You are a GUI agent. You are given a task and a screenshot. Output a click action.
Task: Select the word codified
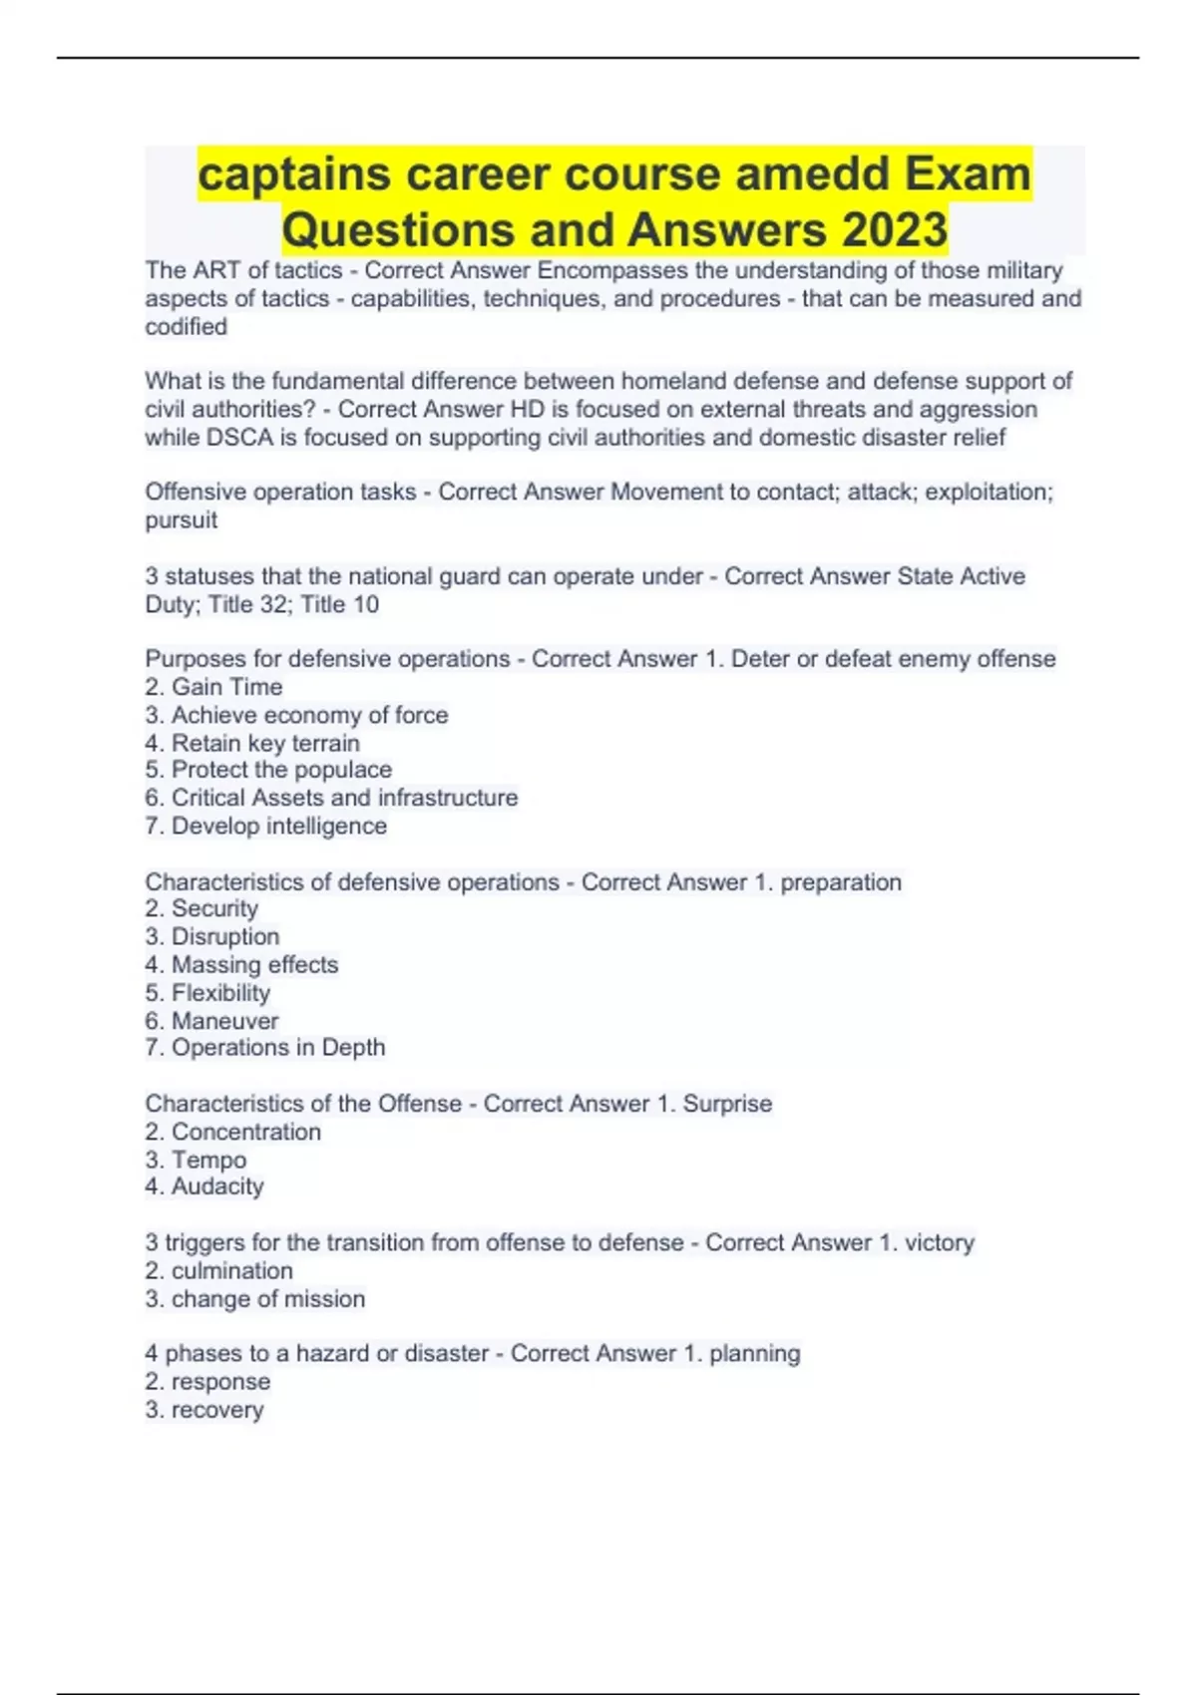(187, 327)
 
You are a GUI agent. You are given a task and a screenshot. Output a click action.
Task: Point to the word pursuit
(182, 520)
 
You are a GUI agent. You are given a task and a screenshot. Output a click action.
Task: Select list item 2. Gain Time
(213, 687)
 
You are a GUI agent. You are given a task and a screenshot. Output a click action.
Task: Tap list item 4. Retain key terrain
(252, 743)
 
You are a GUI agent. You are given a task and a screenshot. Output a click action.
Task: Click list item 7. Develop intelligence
(265, 826)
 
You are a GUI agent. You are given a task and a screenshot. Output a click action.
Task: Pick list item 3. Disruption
(212, 937)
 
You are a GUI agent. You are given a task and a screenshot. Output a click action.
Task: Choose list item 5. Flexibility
(207, 993)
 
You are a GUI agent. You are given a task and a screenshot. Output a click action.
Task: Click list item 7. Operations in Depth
(265, 1048)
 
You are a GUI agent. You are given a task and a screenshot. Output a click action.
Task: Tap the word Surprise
(727, 1104)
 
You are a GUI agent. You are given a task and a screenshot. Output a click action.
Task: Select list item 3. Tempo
(196, 1160)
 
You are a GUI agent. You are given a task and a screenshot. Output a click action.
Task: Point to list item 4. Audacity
(204, 1186)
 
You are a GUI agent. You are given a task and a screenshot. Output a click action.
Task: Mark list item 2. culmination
(219, 1271)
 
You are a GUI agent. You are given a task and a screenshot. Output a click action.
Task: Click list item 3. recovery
(204, 1410)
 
